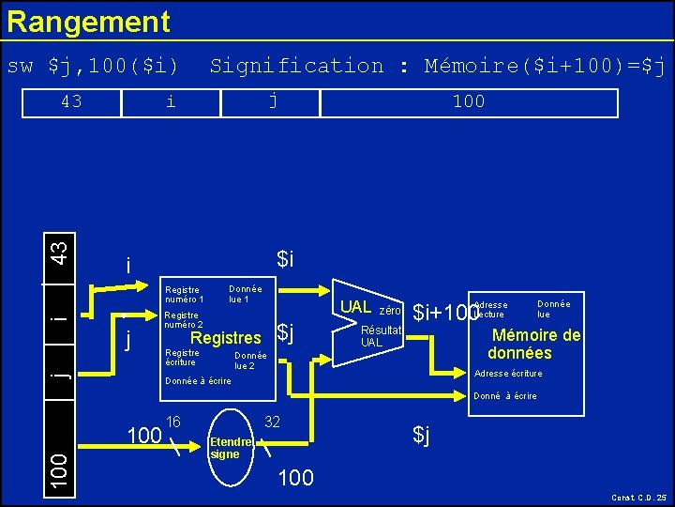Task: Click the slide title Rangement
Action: click(x=88, y=22)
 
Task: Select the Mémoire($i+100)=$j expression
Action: click(x=544, y=66)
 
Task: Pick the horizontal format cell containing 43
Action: click(x=70, y=101)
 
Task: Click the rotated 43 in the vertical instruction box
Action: click(x=58, y=253)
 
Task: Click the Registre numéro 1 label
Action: click(x=184, y=295)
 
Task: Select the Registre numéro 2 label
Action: click(x=183, y=320)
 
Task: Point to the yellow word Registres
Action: click(x=225, y=338)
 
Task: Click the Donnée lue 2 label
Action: click(x=250, y=361)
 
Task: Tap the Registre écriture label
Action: click(x=181, y=358)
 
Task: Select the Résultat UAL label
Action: click(x=381, y=336)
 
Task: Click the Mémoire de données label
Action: click(x=533, y=345)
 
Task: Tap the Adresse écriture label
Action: click(x=508, y=374)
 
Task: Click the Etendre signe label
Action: click(x=231, y=448)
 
